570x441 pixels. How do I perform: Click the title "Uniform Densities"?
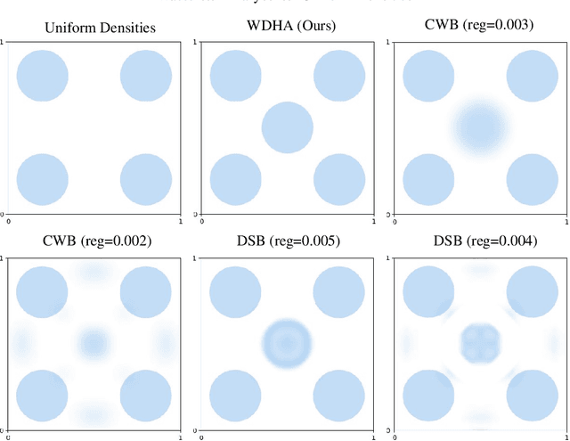pyautogui.click(x=101, y=28)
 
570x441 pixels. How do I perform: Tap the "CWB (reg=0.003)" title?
pyautogui.click(x=479, y=25)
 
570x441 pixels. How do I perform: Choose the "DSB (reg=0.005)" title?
pyautogui.click(x=287, y=241)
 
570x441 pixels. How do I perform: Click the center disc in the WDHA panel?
pyautogui.click(x=288, y=127)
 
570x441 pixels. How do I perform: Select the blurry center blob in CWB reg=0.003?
pyautogui.click(x=481, y=127)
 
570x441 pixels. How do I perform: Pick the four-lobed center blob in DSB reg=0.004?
pyautogui.click(x=481, y=343)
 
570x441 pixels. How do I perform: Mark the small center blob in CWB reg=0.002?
pyautogui.click(x=94, y=343)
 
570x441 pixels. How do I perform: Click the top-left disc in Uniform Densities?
pyautogui.click(x=43, y=77)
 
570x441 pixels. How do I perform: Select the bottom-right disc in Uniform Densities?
pyautogui.click(x=145, y=179)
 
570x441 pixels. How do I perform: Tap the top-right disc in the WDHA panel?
pyautogui.click(x=338, y=77)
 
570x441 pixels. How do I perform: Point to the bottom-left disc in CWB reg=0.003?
pyautogui.click(x=429, y=179)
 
